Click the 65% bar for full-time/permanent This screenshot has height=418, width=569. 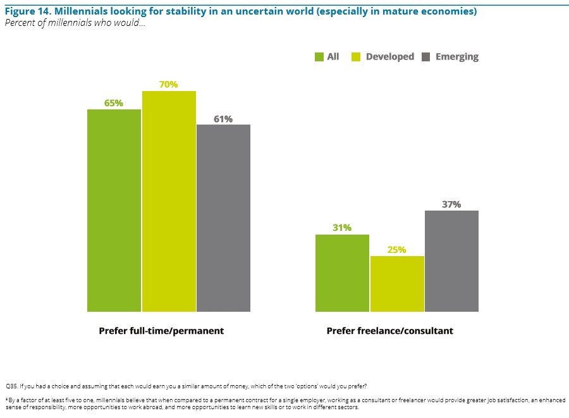click(114, 210)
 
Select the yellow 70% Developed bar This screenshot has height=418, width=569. click(169, 201)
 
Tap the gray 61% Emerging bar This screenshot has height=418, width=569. click(223, 218)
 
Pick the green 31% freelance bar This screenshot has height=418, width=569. click(342, 273)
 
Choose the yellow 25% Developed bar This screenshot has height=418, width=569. click(397, 283)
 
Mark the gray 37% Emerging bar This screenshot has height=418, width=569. click(451, 261)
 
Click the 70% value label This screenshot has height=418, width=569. click(169, 84)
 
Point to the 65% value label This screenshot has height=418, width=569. click(114, 102)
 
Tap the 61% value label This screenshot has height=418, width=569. click(223, 118)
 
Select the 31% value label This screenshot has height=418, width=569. click(342, 228)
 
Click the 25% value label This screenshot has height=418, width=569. click(397, 249)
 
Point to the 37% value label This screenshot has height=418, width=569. click(451, 204)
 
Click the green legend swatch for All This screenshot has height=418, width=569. click(319, 57)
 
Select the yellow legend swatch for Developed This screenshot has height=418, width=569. click(358, 57)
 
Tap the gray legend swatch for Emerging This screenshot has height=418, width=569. click(425, 57)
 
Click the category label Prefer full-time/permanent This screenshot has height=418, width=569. click(161, 331)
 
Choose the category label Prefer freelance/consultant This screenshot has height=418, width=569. click(389, 331)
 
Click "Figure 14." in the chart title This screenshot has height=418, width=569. click(26, 12)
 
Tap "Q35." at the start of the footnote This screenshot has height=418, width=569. click(11, 385)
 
